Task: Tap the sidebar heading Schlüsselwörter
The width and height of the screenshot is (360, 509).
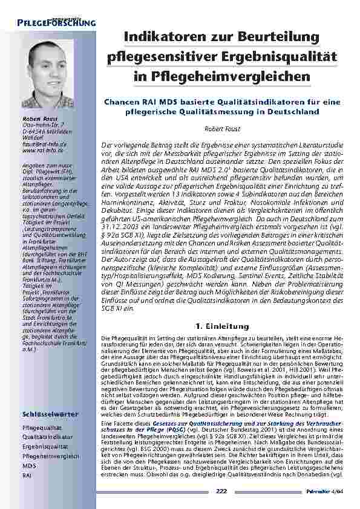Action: pos(49,415)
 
